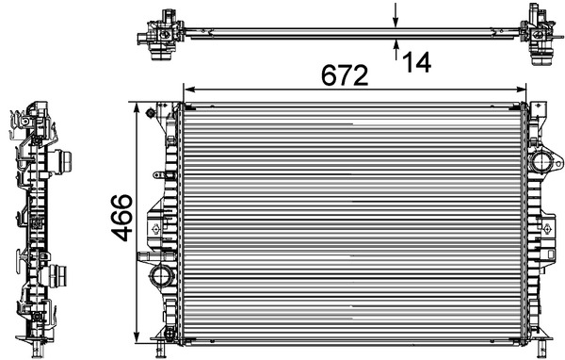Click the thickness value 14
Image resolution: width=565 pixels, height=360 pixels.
tap(415, 62)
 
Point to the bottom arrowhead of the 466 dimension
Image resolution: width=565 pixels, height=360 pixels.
tap(141, 335)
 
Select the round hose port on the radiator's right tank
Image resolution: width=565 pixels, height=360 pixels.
tap(544, 162)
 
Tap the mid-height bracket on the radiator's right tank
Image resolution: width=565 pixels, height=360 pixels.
tap(546, 227)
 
